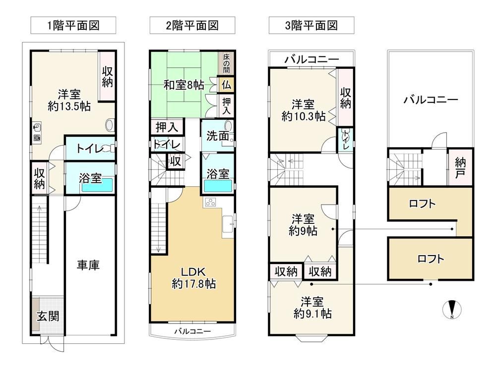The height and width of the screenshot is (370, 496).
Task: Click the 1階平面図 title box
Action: click(73, 25)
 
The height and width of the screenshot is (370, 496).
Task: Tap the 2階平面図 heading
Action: click(192, 25)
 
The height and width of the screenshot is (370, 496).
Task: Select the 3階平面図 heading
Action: click(311, 25)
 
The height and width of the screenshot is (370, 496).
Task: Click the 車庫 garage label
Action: click(88, 265)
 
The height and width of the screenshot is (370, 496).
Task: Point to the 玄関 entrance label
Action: click(48, 316)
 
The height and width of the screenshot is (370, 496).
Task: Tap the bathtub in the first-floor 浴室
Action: click(97, 185)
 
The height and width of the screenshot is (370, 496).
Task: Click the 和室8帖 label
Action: click(184, 85)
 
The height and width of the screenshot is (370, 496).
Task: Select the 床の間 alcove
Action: click(226, 63)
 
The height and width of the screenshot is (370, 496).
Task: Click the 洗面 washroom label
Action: click(218, 136)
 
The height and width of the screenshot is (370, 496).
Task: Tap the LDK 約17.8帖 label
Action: click(193, 278)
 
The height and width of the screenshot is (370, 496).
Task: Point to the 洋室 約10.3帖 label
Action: click(303, 110)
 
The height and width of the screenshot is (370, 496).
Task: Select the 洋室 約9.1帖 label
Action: click(312, 308)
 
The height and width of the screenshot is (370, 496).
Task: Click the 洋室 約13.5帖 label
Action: click(69, 100)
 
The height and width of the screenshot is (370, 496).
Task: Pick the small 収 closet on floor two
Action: click(175, 161)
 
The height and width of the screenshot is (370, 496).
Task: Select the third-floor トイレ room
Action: click(345, 139)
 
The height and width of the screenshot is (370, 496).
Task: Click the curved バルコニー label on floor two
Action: click(192, 331)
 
